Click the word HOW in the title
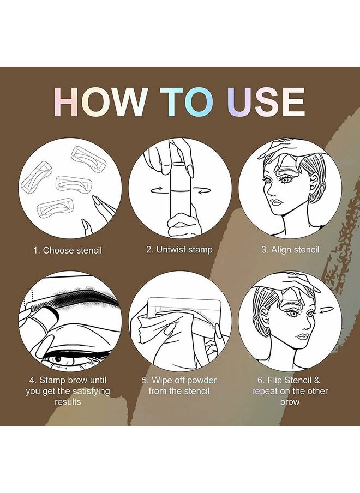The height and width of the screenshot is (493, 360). tap(100, 102)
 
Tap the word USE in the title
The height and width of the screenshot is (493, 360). tap(266, 102)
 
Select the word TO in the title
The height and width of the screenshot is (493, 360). tap(187, 102)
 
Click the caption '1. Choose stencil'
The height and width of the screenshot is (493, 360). tap(68, 250)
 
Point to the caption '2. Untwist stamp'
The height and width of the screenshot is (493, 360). tap(179, 250)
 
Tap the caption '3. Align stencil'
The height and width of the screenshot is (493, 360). tap(290, 250)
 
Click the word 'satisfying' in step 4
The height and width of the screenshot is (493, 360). tap(91, 392)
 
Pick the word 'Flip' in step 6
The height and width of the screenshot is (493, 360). tap(274, 381)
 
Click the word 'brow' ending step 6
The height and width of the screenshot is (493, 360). tap(290, 402)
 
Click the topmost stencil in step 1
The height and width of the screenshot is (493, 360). tap(89, 157)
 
